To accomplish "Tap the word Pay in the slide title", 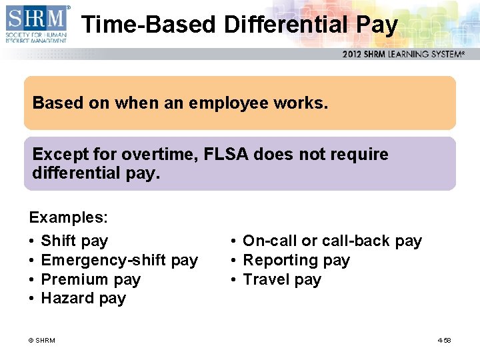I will [377, 25].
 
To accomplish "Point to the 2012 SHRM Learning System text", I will [403, 54].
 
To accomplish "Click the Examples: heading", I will [68, 217].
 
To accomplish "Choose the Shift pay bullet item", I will [74, 241].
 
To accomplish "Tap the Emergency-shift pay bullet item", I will [119, 260].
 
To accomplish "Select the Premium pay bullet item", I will [91, 279].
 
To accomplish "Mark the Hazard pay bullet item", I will [83, 298].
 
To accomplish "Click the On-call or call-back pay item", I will [332, 241].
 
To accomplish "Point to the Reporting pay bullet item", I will [296, 260].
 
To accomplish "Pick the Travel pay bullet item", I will [282, 279].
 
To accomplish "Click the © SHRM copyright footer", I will [42, 341].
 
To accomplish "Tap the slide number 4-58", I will [444, 341].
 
